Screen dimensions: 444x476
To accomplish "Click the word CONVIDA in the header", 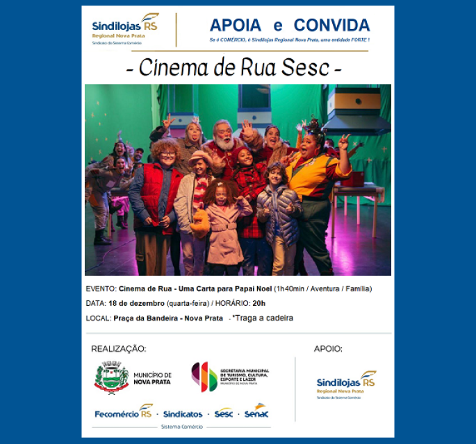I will [331, 26].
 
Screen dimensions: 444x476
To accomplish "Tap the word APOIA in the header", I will [236, 26].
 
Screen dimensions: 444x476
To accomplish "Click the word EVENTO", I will [101, 289].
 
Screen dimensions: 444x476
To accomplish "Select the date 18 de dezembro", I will [136, 303].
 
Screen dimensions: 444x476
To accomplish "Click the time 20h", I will [258, 303].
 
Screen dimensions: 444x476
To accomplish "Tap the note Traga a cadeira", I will [262, 318].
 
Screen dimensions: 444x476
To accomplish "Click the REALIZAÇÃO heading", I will [119, 349].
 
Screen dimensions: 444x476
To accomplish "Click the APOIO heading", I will [328, 349].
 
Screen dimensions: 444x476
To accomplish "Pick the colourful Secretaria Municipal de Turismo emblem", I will [204, 377].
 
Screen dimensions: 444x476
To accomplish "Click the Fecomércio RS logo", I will [123, 413].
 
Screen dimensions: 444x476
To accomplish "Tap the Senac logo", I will [256, 412].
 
